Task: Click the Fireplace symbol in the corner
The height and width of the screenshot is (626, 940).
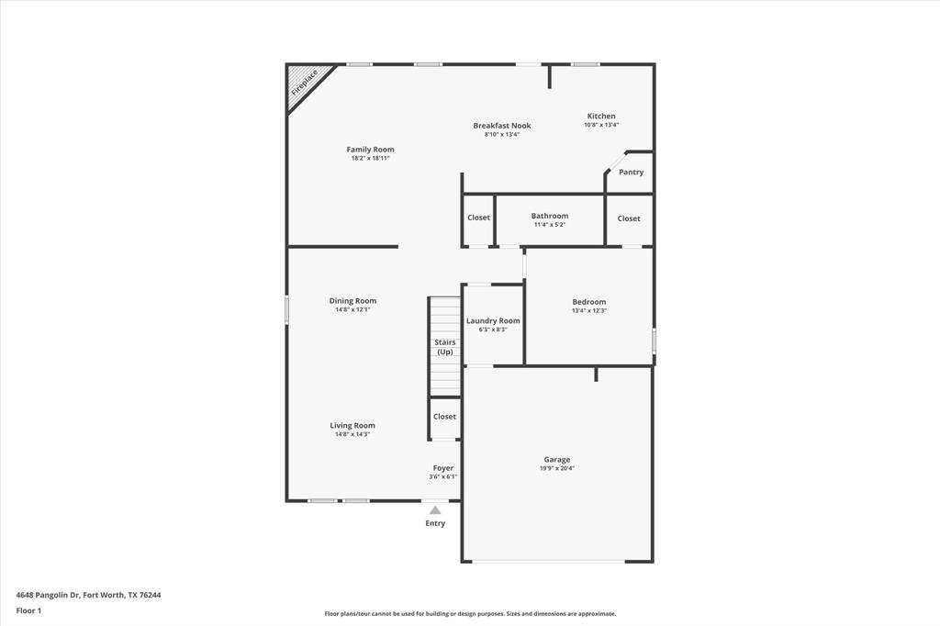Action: tap(305, 83)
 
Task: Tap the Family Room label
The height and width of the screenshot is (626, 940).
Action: tap(370, 150)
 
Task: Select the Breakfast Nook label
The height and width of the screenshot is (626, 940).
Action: tap(502, 126)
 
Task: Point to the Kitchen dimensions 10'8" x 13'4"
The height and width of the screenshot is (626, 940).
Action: tap(601, 125)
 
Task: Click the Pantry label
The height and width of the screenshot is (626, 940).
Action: tap(631, 173)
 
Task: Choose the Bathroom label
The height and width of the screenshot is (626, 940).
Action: tap(549, 216)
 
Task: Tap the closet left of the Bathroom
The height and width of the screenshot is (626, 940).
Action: tap(478, 218)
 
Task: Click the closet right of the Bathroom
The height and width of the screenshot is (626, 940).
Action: tap(629, 218)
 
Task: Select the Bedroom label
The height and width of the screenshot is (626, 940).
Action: tap(588, 302)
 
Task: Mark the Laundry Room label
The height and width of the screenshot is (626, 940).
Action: tap(493, 321)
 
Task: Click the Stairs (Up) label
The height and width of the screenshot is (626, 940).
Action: tap(445, 347)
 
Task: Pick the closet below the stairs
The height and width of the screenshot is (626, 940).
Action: tap(444, 417)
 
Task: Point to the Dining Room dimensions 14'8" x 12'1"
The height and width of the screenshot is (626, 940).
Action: tap(353, 310)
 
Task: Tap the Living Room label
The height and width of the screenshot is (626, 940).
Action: tap(352, 426)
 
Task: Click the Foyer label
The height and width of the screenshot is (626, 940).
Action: tap(443, 468)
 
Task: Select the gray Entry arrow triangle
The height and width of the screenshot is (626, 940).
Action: tap(435, 510)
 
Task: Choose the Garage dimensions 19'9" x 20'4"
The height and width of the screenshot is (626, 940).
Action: tap(557, 469)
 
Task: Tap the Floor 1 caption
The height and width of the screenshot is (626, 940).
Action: tap(29, 610)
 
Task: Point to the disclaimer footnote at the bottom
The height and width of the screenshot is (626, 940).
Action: tap(470, 614)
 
